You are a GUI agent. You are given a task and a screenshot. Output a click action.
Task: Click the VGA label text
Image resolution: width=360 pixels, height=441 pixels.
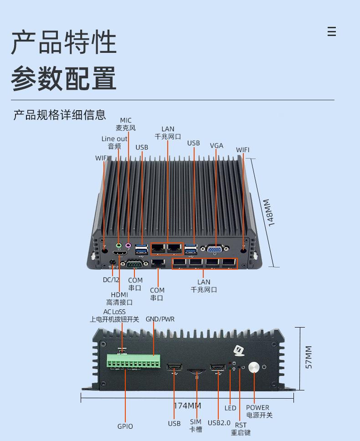click(216, 145)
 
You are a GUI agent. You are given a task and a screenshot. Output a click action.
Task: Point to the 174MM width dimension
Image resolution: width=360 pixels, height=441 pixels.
click(187, 405)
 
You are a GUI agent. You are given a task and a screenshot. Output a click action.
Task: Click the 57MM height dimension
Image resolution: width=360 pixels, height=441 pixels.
click(309, 358)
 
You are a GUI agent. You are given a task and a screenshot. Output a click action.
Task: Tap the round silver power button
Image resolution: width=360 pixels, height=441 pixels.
click(254, 367)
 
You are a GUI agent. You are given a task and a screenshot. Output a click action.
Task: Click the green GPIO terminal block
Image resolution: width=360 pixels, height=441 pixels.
click(133, 362)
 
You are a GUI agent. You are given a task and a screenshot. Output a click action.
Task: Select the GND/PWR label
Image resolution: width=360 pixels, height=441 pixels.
click(160, 319)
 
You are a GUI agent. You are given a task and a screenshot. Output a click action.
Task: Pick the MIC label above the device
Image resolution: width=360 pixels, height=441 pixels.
click(126, 120)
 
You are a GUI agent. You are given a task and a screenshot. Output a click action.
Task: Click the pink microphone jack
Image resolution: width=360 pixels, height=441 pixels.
click(129, 245)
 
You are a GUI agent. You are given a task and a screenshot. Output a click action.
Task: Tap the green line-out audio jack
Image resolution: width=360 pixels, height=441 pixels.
click(119, 245)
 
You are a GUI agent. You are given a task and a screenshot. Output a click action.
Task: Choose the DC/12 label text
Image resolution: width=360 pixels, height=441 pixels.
click(111, 280)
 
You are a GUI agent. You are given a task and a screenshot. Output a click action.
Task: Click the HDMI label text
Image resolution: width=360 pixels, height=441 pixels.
click(119, 295)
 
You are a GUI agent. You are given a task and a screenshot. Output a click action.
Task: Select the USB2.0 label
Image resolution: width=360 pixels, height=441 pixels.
click(219, 422)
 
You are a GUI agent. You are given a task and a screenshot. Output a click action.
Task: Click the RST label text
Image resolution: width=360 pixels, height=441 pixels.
click(241, 425)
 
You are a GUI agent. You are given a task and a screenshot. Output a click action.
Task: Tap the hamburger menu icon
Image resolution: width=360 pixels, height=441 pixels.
click(332, 31)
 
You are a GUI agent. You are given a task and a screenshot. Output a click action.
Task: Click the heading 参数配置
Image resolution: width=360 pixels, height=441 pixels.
click(64, 78)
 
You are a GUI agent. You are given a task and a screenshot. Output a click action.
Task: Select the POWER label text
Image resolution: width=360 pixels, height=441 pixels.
click(257, 407)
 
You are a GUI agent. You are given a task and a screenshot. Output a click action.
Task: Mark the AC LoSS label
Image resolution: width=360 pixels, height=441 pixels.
click(114, 312)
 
